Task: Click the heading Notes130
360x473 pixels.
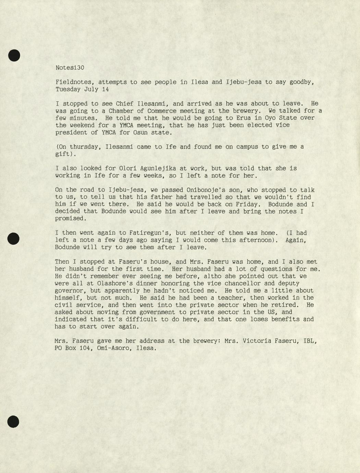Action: (x=70, y=68)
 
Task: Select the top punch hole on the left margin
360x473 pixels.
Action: (x=14, y=55)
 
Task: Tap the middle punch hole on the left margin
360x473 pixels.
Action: (x=13, y=239)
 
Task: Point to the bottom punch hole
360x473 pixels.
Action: (x=13, y=422)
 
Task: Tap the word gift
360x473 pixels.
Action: (x=62, y=154)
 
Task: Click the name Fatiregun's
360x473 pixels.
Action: (x=148, y=233)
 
